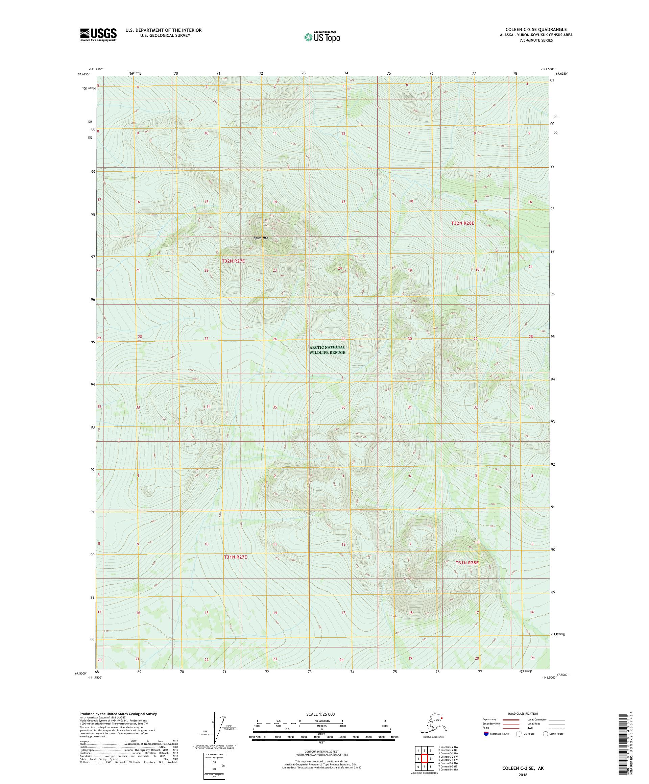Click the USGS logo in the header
coord(98,35)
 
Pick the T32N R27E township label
coord(233,261)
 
